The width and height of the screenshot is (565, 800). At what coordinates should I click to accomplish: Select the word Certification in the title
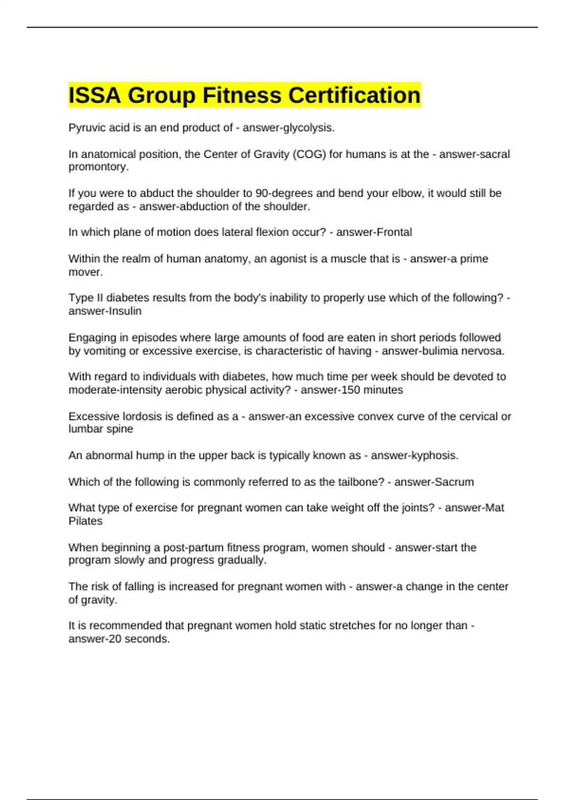tap(354, 96)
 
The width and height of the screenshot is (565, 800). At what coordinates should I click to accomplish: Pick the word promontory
tap(98, 167)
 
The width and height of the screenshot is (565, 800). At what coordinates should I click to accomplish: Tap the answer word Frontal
tap(393, 232)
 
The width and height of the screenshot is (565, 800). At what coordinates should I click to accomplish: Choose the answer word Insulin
tap(123, 311)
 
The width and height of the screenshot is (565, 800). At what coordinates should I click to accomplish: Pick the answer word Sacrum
tap(453, 482)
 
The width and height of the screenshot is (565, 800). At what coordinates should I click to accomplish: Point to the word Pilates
tap(85, 521)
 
